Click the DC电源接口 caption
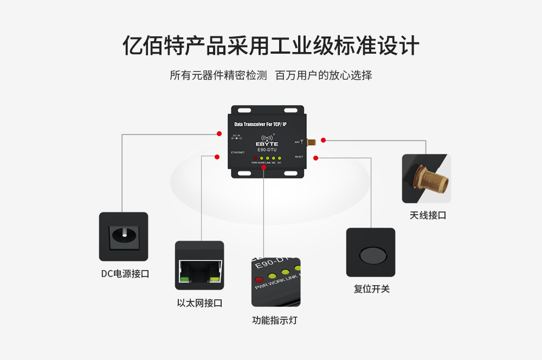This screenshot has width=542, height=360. click(x=125, y=274)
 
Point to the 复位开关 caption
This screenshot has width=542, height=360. click(x=371, y=288)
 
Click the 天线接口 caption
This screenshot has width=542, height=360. click(x=428, y=215)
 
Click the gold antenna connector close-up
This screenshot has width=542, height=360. click(x=426, y=178)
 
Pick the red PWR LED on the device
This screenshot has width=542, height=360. click(x=255, y=158)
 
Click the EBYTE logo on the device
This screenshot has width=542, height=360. click(x=267, y=143)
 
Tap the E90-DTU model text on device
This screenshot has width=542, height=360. click(x=267, y=150)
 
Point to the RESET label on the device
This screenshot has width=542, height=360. click(x=299, y=157)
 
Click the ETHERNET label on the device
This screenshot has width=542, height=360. click(x=238, y=152)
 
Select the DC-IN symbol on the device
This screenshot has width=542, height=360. click(x=236, y=138)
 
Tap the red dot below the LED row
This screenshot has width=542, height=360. click(x=264, y=168)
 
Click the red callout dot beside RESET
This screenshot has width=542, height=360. click(x=315, y=158)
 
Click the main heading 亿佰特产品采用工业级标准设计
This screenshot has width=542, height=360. click(x=271, y=46)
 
